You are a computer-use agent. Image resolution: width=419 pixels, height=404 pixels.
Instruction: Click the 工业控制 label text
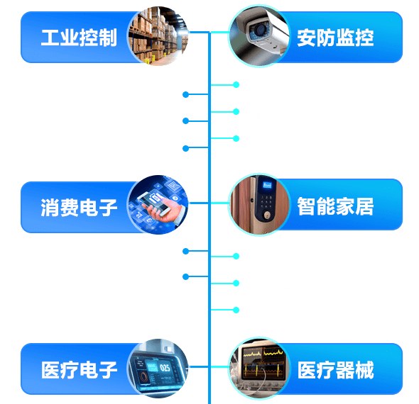pos(79,38)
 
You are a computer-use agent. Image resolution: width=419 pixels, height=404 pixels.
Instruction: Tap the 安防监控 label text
pos(335,38)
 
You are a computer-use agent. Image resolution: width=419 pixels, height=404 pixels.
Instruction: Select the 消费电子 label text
pos(79,208)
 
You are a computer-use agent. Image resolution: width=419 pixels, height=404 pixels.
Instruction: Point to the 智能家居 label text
pos(335,206)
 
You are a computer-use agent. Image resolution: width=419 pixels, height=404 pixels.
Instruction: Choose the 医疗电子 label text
pos(79,369)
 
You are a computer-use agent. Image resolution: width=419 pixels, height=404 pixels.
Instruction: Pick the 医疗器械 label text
pos(335,369)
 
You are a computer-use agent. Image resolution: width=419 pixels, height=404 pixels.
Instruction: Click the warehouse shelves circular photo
pos(158,36)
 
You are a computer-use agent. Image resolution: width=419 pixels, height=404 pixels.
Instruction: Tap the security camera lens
pos(259,30)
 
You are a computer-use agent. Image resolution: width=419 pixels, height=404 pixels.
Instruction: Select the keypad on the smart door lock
pos(266,202)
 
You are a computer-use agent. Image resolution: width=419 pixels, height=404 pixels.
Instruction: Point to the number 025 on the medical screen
pos(165,368)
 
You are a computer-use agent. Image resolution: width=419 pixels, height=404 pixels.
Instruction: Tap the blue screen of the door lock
pos(267,184)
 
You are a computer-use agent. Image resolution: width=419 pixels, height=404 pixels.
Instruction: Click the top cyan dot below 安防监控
pos(236,85)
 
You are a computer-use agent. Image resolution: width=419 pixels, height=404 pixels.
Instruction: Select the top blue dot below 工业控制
pos(186,94)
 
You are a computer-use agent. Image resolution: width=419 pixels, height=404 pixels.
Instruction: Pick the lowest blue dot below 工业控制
pos(186,148)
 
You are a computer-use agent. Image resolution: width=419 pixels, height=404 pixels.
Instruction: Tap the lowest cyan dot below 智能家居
pos(236,310)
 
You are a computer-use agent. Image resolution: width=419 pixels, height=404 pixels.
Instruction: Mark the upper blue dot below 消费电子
pos(186,251)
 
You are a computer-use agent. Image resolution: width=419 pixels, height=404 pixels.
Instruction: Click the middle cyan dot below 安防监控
pos(236,111)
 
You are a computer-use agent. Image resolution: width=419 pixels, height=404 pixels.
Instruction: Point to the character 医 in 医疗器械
pos(307,369)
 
